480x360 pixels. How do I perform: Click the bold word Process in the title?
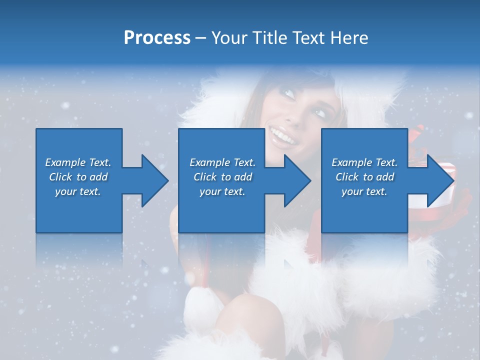point(157,37)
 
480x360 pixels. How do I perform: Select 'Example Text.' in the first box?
point(78,162)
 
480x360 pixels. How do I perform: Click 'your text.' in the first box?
point(78,191)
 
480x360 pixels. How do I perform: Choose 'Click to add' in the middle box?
point(222,177)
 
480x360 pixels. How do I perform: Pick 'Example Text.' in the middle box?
point(222,162)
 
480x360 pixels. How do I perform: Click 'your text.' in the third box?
point(364,191)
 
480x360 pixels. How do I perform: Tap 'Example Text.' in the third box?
point(364,162)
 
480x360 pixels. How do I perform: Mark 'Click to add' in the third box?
point(364,177)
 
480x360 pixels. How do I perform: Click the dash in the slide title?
point(200,38)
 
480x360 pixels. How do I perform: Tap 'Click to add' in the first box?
point(78,177)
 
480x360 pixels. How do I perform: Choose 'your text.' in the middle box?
point(222,191)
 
